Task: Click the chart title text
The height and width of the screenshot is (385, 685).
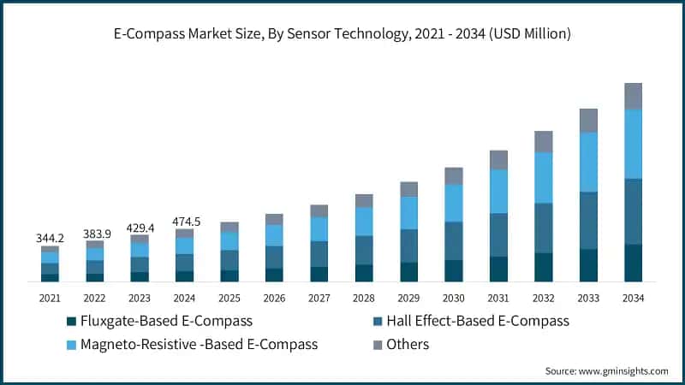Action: [x=342, y=35]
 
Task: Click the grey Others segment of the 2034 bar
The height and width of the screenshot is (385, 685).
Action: [x=633, y=96]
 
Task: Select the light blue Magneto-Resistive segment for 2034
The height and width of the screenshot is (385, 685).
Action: [x=633, y=144]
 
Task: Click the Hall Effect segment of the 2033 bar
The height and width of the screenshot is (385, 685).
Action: [x=588, y=220]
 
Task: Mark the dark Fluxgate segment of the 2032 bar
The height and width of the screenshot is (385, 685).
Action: [x=544, y=267]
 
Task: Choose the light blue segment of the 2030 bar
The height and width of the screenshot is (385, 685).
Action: [x=454, y=203]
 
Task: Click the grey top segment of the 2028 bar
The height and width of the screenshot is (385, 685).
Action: [x=364, y=201]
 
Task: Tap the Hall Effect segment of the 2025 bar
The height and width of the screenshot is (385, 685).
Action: [x=229, y=260]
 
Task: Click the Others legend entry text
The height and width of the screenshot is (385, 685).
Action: [x=407, y=345]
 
